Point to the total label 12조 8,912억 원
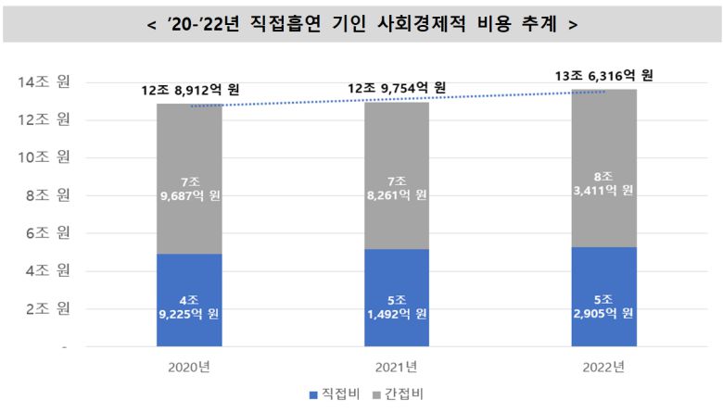coord(189,91)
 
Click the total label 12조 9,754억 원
coord(396,88)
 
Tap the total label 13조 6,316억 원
coord(604,75)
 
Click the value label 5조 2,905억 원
coord(602,306)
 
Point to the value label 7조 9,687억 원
coord(189,188)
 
